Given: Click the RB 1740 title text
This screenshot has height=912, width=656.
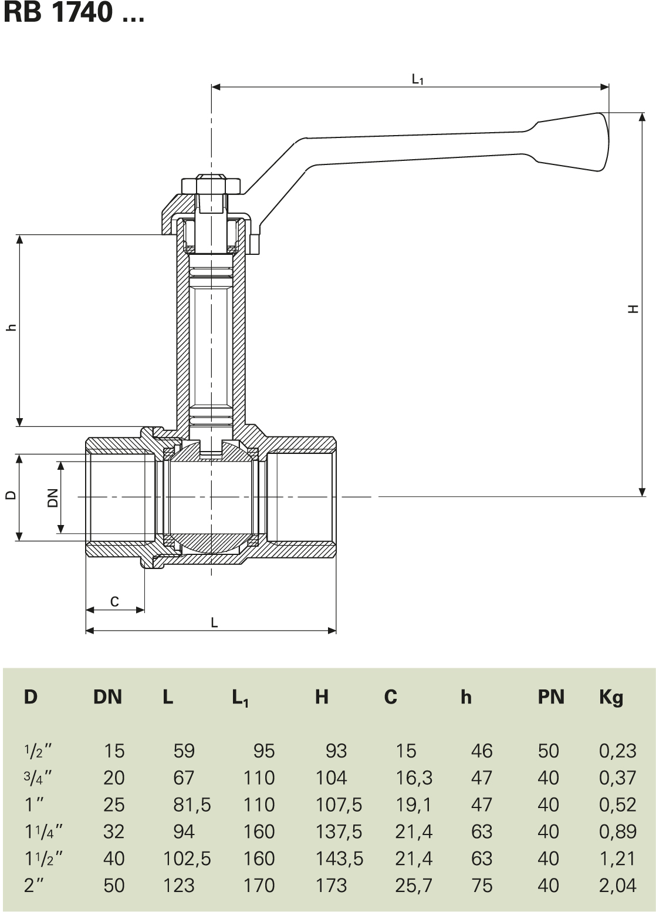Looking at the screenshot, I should [74, 13].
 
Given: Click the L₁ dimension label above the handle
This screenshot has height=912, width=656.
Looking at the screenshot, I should [417, 79].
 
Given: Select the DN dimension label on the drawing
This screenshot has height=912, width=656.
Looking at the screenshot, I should [53, 497].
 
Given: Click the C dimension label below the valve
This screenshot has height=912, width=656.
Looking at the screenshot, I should [114, 601].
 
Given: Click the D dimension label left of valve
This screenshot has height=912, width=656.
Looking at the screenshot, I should [11, 495].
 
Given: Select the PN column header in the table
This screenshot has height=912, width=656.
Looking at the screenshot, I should [550, 697].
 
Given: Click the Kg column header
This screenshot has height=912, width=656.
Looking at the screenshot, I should [611, 697].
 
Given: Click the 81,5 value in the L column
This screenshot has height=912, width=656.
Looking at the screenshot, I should [192, 805].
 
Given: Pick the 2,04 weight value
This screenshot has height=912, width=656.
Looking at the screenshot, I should [617, 885].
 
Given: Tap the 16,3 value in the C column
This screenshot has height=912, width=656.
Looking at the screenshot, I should [414, 778].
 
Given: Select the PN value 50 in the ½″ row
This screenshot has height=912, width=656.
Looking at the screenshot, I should [548, 751].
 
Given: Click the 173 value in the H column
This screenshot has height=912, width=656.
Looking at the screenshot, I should [332, 885].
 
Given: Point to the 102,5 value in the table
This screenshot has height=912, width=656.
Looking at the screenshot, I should [187, 858].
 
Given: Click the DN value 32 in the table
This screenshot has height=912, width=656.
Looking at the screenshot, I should [114, 832].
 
